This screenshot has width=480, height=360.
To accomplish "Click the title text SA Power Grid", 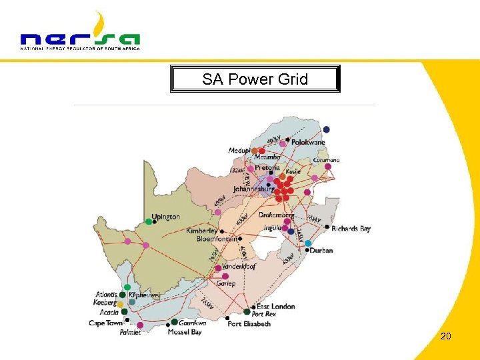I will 255,79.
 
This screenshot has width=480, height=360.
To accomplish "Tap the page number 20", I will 445,336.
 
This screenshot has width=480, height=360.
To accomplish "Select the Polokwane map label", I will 307,142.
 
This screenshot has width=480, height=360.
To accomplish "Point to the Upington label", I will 165,217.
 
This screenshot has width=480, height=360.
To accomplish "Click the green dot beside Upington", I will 149,221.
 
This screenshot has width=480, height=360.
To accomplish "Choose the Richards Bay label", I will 351,229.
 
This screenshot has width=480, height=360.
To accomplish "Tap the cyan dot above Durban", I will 308,243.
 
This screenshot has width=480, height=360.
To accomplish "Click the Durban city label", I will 321,251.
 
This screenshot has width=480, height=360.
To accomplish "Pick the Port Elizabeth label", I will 249,324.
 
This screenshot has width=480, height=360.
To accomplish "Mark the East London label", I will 275,306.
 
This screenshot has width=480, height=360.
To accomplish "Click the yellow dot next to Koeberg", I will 121,304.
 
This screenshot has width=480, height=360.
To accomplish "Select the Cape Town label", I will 105,323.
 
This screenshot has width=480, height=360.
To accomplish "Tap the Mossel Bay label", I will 185,332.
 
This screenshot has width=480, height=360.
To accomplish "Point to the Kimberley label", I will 201,231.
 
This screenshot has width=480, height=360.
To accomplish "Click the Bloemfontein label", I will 216,239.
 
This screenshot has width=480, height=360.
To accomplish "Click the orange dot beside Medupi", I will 254,151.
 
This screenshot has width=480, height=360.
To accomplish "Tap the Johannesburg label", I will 253,189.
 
